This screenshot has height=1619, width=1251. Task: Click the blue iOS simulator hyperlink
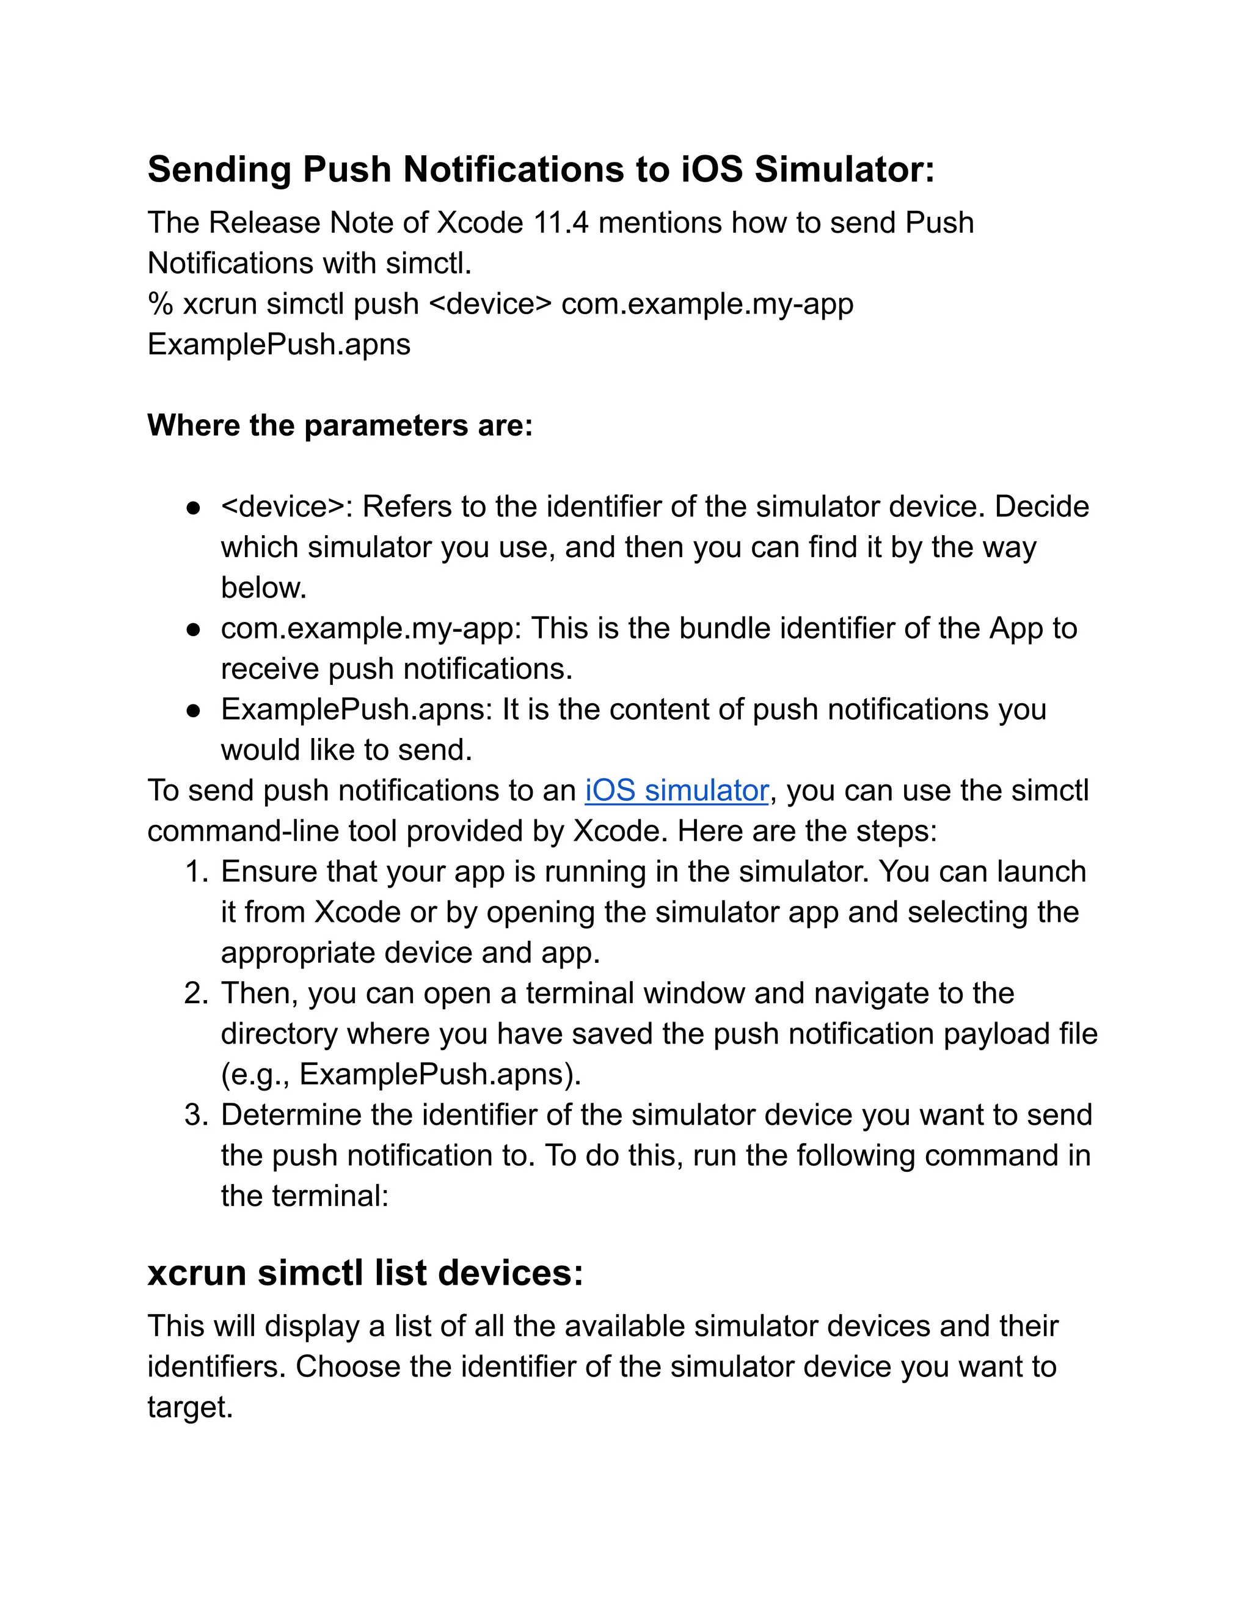(x=676, y=791)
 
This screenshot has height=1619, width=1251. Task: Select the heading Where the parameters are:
(x=340, y=425)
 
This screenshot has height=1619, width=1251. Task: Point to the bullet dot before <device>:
(x=194, y=508)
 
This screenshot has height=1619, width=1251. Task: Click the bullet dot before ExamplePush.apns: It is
(x=194, y=711)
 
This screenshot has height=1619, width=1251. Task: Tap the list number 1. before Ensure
(x=197, y=872)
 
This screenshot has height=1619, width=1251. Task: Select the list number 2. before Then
(x=197, y=994)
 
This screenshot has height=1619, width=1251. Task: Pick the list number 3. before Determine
(x=197, y=1116)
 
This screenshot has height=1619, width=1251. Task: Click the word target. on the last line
(x=191, y=1408)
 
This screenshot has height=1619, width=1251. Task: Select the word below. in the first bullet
(x=264, y=588)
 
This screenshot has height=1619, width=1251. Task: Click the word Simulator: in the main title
(x=844, y=170)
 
